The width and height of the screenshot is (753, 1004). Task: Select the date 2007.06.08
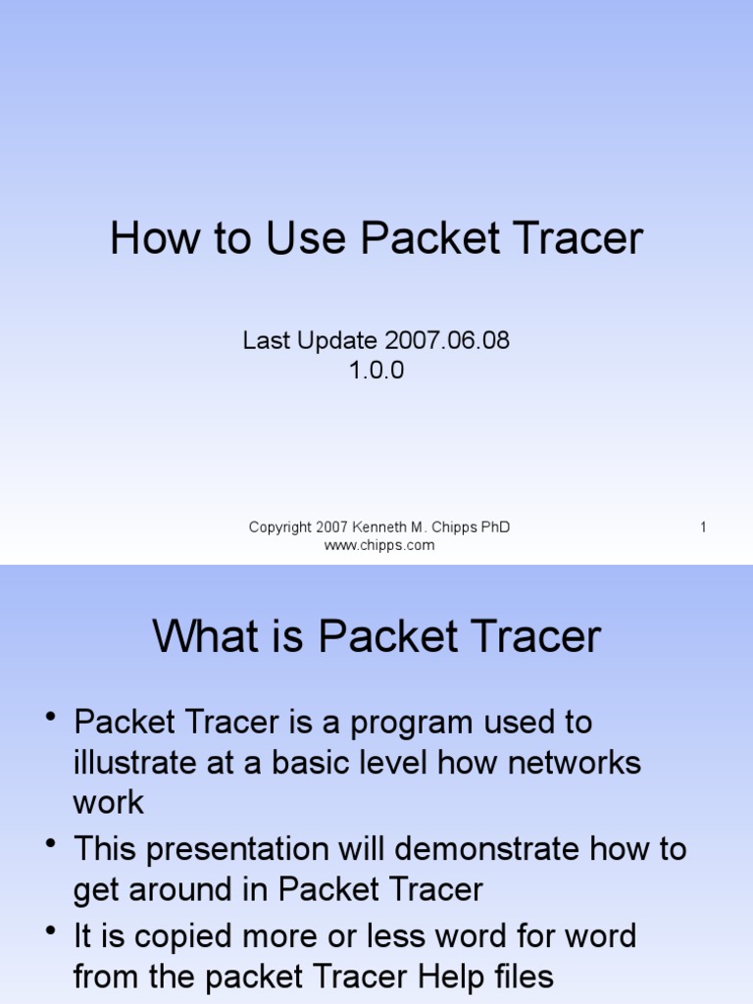tap(447, 341)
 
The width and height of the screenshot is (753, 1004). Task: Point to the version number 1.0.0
tap(376, 370)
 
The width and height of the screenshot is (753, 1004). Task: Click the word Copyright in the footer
tap(280, 527)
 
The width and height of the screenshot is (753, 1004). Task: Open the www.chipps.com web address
tap(379, 545)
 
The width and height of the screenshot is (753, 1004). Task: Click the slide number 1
tap(703, 527)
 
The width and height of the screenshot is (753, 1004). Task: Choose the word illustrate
tap(138, 762)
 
